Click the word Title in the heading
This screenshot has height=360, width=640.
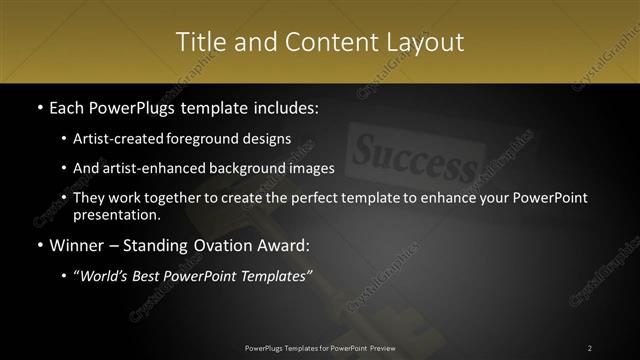click(200, 42)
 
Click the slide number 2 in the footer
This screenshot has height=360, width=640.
click(590, 347)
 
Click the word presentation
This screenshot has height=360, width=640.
click(116, 215)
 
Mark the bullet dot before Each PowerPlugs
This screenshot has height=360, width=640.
click(39, 108)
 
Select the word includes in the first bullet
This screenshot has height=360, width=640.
click(287, 108)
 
